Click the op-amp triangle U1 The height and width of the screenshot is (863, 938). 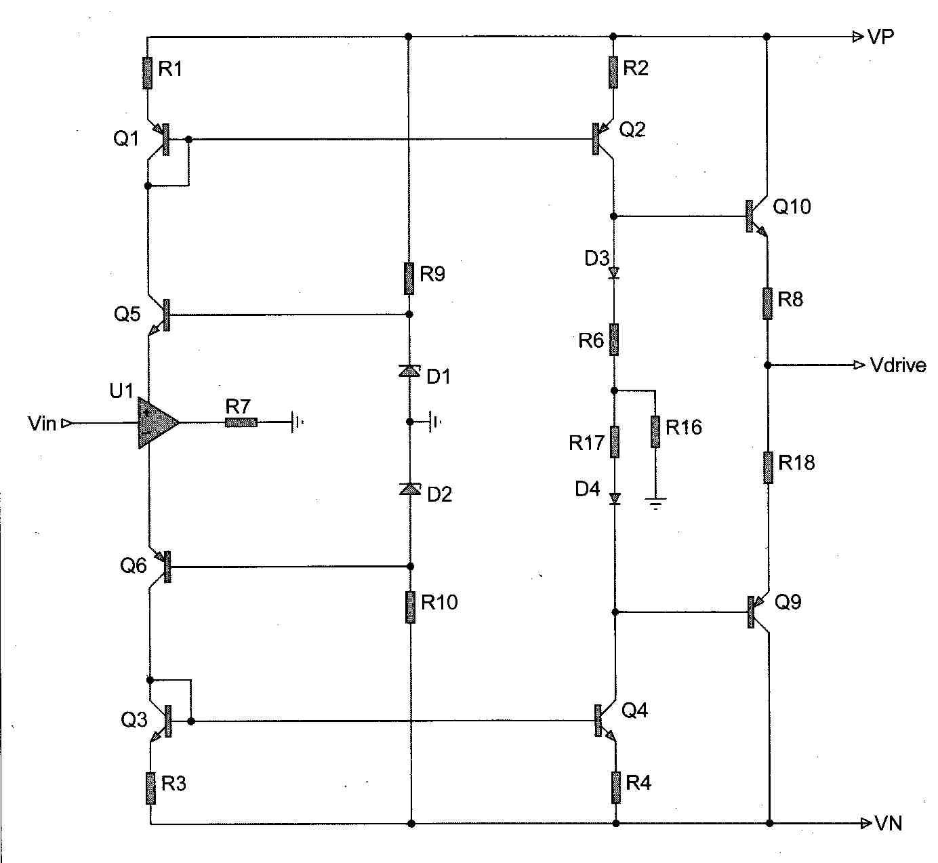157,423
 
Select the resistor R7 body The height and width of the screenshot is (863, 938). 241,422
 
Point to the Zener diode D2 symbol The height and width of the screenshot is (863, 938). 410,489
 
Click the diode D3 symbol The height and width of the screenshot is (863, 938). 614,273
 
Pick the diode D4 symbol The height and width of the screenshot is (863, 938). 615,499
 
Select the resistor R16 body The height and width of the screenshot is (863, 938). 655,432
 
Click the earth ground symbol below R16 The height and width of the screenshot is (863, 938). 655,503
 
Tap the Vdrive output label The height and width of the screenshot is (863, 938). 898,365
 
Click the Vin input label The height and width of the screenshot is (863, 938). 42,424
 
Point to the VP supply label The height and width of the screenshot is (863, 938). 880,37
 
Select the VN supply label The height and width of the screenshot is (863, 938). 888,823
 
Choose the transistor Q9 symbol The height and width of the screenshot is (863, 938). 758,611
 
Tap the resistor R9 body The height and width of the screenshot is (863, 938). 409,279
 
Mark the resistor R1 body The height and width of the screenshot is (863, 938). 147,73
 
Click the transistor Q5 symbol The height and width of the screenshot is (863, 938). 159,315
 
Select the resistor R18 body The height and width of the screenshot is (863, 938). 768,467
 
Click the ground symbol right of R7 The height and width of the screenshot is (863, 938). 295,422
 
